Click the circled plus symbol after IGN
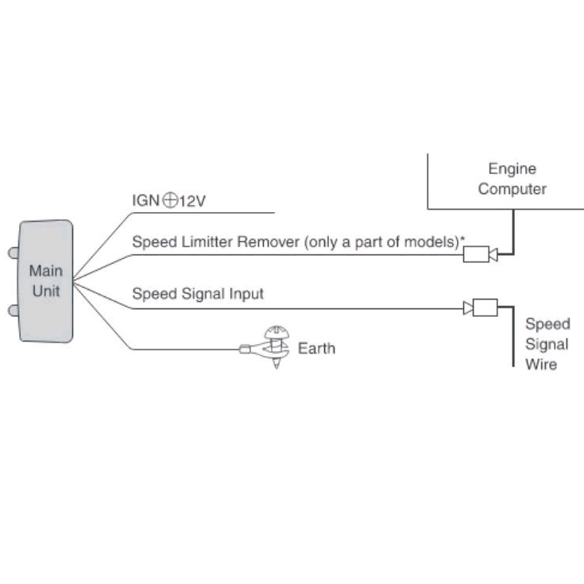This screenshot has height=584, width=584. pos(169,201)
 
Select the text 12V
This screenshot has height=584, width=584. pos(191,202)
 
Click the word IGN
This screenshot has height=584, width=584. pos(146,202)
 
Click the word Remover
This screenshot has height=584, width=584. pos(268,242)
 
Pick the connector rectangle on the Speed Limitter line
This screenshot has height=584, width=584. pos(475,254)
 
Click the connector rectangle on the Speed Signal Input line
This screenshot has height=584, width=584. pos(485,307)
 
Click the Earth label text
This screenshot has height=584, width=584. pos(316,348)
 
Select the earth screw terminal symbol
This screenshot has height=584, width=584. pos(275,347)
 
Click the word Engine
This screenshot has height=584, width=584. pos(512,168)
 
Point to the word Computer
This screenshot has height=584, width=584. pos(512,189)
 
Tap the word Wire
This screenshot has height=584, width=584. pos(541,365)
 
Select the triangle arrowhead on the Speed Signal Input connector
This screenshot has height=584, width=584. pos(468,307)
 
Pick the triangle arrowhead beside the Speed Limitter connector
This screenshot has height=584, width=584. pos(493,254)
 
